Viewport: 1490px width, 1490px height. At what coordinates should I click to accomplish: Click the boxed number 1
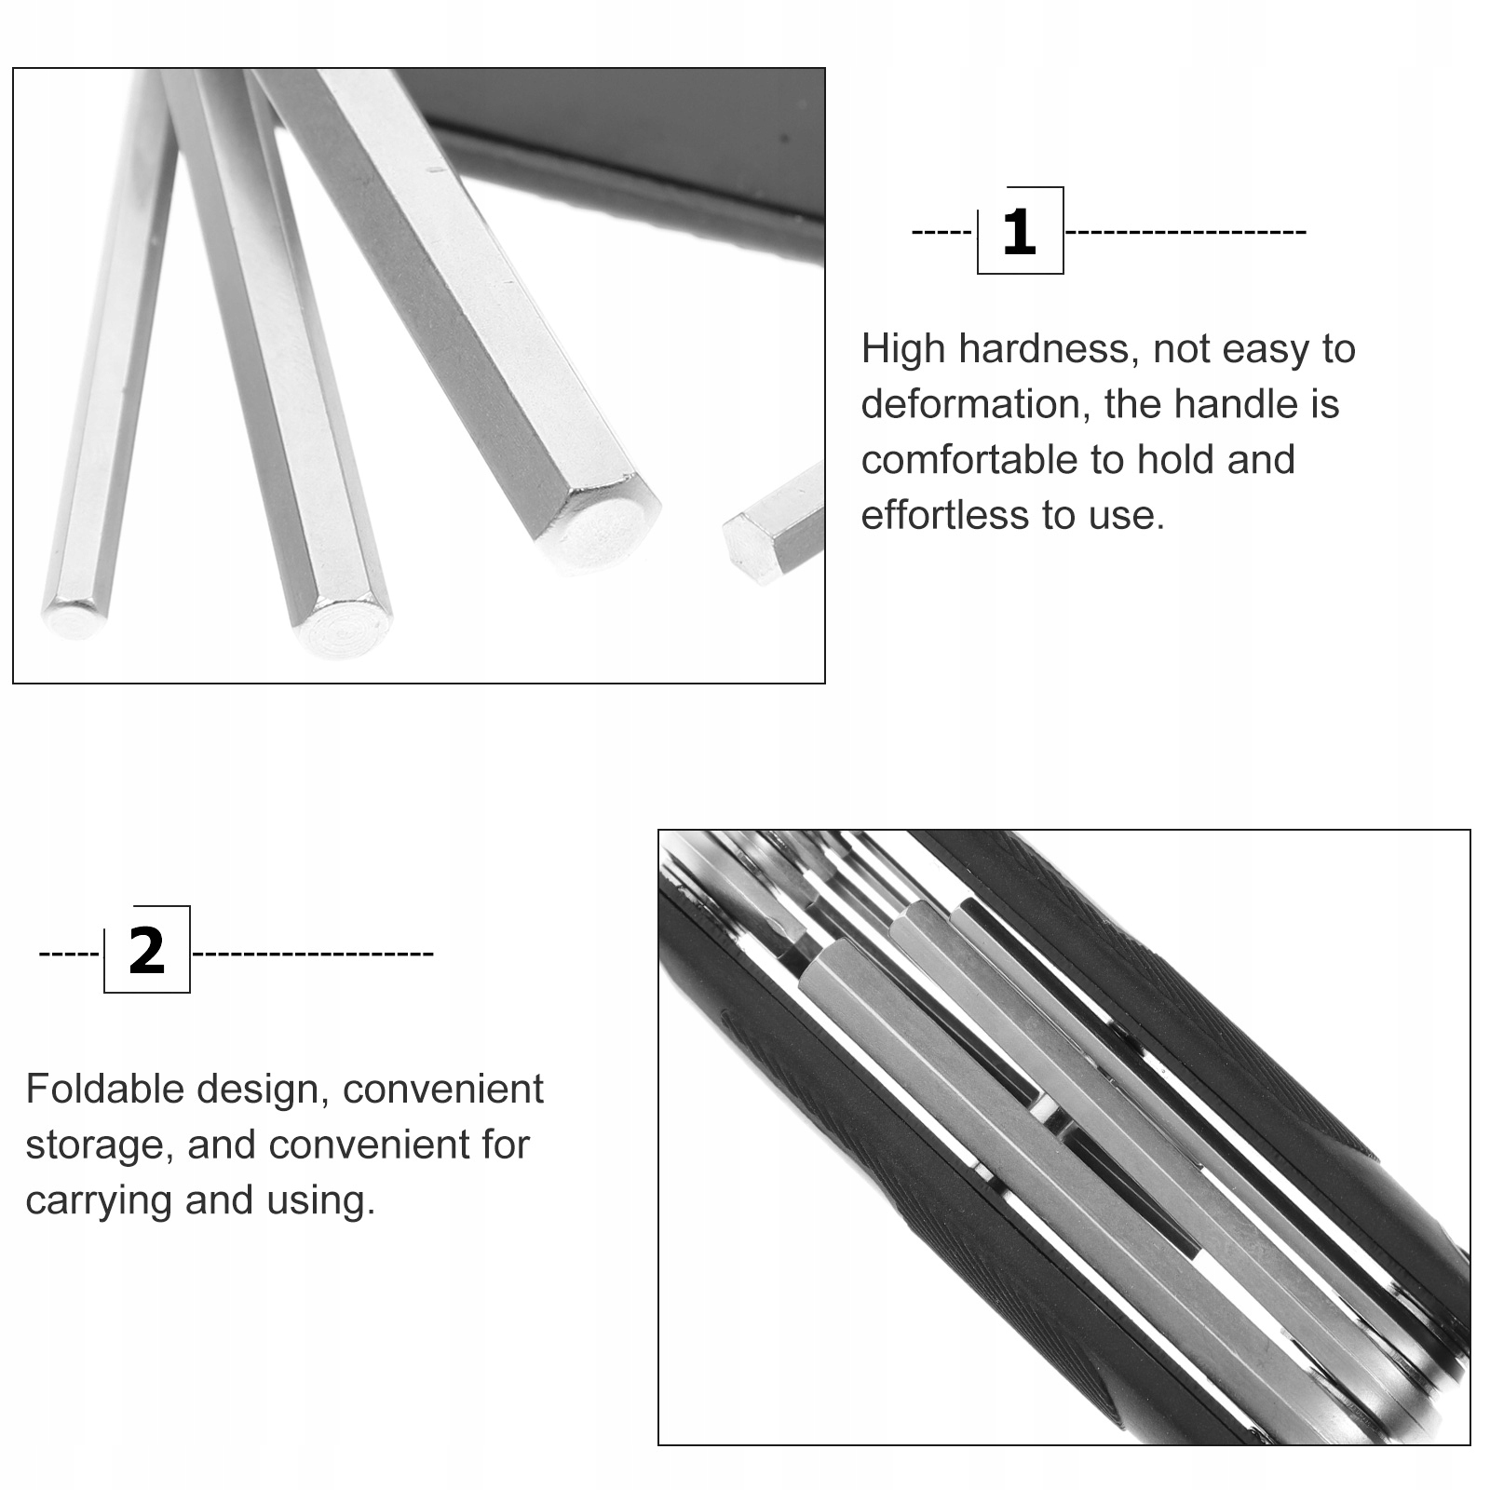click(x=1020, y=232)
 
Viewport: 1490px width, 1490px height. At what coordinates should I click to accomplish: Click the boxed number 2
click(x=147, y=951)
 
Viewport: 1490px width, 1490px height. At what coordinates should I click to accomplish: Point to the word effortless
click(x=944, y=514)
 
